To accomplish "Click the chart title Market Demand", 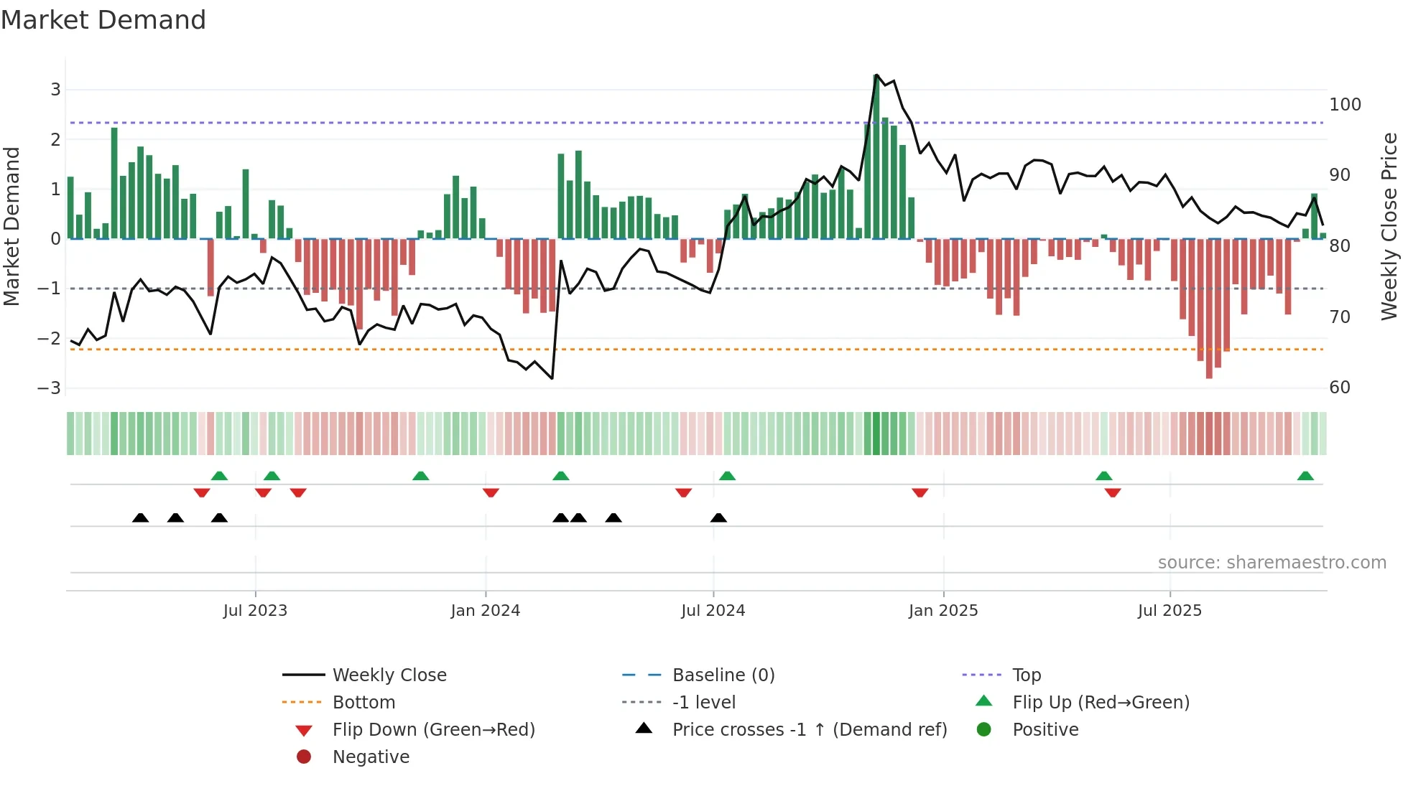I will [103, 20].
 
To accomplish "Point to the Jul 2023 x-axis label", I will [255, 611].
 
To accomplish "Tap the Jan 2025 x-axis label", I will [942, 611].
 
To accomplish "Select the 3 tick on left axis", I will [55, 90].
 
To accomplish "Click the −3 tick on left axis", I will [50, 388].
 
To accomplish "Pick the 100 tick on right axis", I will [1345, 105].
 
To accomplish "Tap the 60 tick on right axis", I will [1340, 388].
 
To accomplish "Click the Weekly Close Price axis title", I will [1389, 226].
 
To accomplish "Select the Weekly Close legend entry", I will [389, 675].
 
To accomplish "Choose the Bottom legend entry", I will [363, 703].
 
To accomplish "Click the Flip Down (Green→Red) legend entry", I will [433, 730].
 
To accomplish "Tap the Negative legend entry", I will [371, 757].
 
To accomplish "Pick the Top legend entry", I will [1026, 675].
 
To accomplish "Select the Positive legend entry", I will [1045, 730].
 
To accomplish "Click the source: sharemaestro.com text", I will [1272, 563].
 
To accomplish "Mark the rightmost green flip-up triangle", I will [1305, 476].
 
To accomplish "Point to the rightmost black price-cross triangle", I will [718, 518].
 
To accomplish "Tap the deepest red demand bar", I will [1209, 309].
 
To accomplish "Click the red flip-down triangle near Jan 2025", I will [920, 492].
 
